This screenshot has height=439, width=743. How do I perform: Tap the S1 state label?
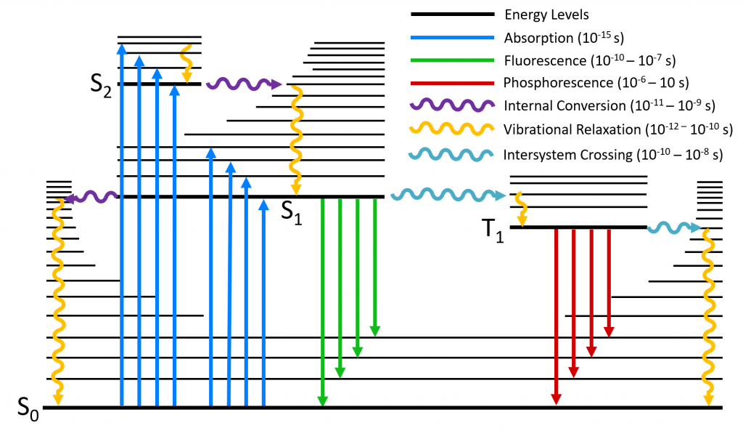pyautogui.click(x=292, y=212)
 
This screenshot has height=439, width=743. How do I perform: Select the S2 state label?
pyautogui.click(x=101, y=85)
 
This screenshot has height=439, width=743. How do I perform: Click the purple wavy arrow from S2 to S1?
pyautogui.click(x=243, y=85)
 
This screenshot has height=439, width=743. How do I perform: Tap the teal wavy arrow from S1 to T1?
pyautogui.click(x=447, y=195)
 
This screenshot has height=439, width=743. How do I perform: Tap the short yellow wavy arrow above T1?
pyautogui.click(x=520, y=209)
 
